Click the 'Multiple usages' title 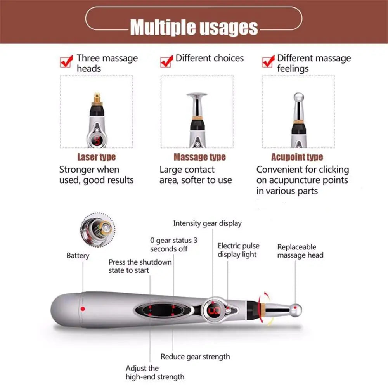[194, 27]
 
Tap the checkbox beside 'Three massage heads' [67, 61]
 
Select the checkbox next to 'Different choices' [166, 61]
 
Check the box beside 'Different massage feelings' [268, 61]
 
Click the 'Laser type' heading [96, 157]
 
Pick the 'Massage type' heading [199, 157]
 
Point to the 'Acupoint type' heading [297, 157]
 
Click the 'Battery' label [78, 255]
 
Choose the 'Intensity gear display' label [207, 223]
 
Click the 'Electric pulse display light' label [238, 250]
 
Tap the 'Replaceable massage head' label [300, 251]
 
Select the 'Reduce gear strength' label [195, 357]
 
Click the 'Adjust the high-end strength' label [154, 372]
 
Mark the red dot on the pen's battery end [83, 308]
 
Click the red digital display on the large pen [214, 310]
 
